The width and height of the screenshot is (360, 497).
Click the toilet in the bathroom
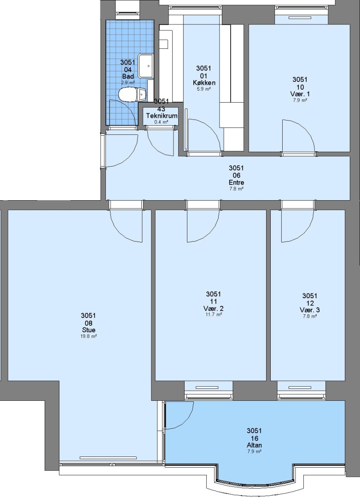pos(132,94)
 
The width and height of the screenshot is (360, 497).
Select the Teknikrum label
pos(162,116)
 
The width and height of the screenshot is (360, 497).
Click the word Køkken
pos(204,83)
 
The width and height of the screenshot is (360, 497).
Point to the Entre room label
pos(236,183)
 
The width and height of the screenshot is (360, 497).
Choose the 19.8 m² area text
pos(88,336)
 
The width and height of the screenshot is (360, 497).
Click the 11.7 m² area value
pos(214,315)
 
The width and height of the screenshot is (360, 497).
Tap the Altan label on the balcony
pos(255,445)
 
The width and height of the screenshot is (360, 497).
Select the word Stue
pos(88,330)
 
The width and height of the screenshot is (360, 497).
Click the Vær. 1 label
pos(300,94)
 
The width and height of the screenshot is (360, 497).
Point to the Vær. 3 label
pos(309,310)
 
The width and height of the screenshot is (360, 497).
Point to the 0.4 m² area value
pos(161,122)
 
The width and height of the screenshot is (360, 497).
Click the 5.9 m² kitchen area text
pos(204,89)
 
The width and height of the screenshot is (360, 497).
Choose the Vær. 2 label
pos(214,308)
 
